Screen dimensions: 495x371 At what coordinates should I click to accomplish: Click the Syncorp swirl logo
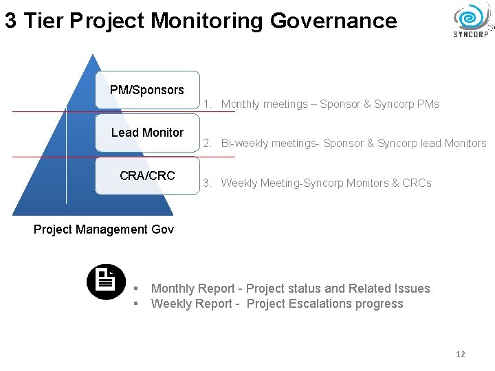(x=470, y=16)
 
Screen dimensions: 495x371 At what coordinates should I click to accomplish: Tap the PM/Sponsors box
(x=147, y=90)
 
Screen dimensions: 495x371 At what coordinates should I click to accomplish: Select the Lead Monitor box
(x=147, y=133)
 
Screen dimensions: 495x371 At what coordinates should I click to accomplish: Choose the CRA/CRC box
(x=147, y=176)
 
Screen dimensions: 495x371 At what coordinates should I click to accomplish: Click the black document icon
(x=106, y=282)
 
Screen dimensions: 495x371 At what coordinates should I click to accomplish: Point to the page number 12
(x=461, y=354)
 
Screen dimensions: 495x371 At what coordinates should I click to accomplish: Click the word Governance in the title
(x=333, y=21)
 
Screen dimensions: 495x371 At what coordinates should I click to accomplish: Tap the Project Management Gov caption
(x=104, y=229)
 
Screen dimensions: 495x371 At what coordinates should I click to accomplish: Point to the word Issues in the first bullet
(x=412, y=289)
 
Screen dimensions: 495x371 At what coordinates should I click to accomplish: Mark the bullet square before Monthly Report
(x=136, y=289)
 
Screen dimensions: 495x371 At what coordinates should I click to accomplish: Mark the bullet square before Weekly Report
(x=136, y=304)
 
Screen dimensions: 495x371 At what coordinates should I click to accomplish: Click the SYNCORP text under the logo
(x=471, y=34)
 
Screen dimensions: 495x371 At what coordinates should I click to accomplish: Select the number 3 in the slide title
(x=11, y=21)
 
